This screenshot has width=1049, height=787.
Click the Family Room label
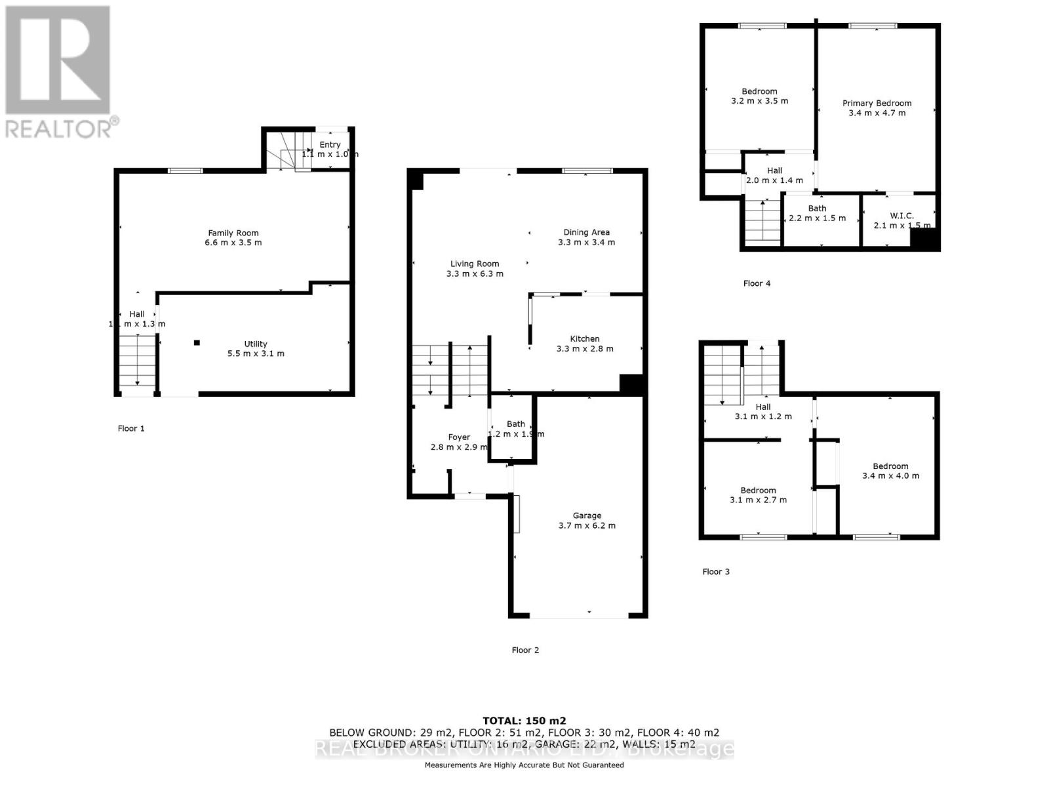pyautogui.click(x=233, y=233)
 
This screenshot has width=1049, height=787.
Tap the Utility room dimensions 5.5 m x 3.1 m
pyautogui.click(x=256, y=353)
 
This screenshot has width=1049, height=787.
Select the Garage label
pyautogui.click(x=587, y=515)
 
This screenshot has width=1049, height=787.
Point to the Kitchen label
pyautogui.click(x=585, y=338)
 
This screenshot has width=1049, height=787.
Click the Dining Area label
pyautogui.click(x=586, y=232)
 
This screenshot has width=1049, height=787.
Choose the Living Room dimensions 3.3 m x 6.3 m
pyautogui.click(x=475, y=273)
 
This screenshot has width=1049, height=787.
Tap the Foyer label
pyautogui.click(x=459, y=437)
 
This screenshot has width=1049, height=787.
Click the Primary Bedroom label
pyautogui.click(x=877, y=103)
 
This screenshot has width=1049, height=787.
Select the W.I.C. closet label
pyautogui.click(x=902, y=216)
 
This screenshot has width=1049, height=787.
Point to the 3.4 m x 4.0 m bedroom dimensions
pyautogui.click(x=890, y=476)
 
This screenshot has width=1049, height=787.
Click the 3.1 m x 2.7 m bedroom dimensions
pyautogui.click(x=758, y=500)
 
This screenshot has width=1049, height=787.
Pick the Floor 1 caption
pyautogui.click(x=131, y=428)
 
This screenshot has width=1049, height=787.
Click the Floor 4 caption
pyautogui.click(x=757, y=283)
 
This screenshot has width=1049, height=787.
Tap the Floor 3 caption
pyautogui.click(x=716, y=571)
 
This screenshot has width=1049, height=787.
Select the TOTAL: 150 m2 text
pyautogui.click(x=524, y=720)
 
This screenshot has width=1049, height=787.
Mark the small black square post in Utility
pyautogui.click(x=196, y=342)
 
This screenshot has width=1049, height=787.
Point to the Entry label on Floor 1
pyautogui.click(x=330, y=145)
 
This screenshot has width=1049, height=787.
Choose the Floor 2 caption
pyautogui.click(x=525, y=650)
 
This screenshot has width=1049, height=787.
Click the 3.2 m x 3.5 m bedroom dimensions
pyautogui.click(x=759, y=101)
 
